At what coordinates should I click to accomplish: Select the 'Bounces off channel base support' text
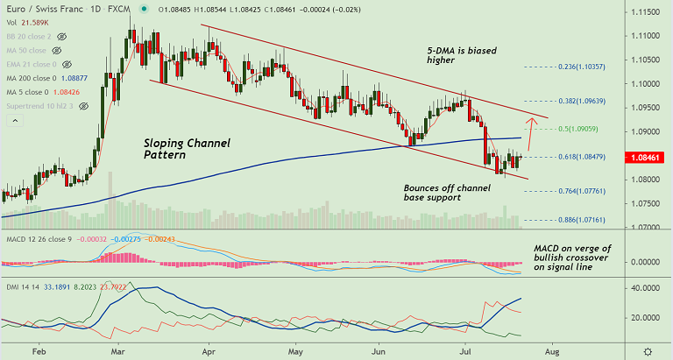(446, 194)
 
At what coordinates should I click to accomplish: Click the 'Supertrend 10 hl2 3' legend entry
(40, 105)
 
